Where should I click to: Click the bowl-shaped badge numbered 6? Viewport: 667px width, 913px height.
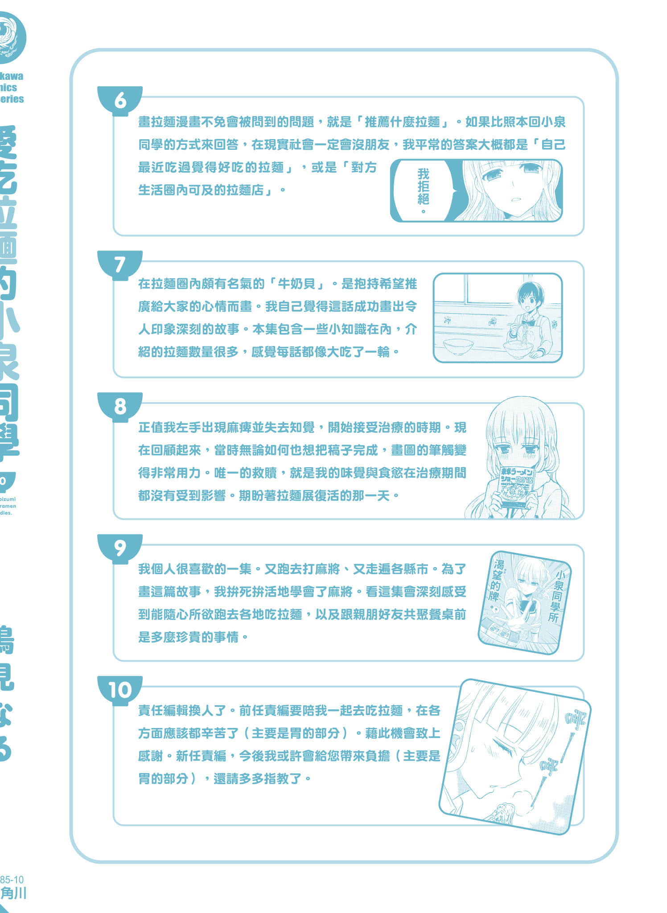(120, 100)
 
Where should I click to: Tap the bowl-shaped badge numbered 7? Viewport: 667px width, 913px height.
(120, 264)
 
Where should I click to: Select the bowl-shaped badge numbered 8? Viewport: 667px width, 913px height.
(120, 406)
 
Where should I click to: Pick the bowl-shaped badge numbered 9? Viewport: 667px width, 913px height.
(120, 548)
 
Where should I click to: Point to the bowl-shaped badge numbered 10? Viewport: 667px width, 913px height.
(120, 690)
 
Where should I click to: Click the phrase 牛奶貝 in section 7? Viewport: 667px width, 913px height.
(296, 284)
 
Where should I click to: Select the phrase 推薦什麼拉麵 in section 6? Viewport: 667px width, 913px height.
(403, 122)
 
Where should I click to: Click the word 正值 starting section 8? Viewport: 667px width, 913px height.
(150, 428)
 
